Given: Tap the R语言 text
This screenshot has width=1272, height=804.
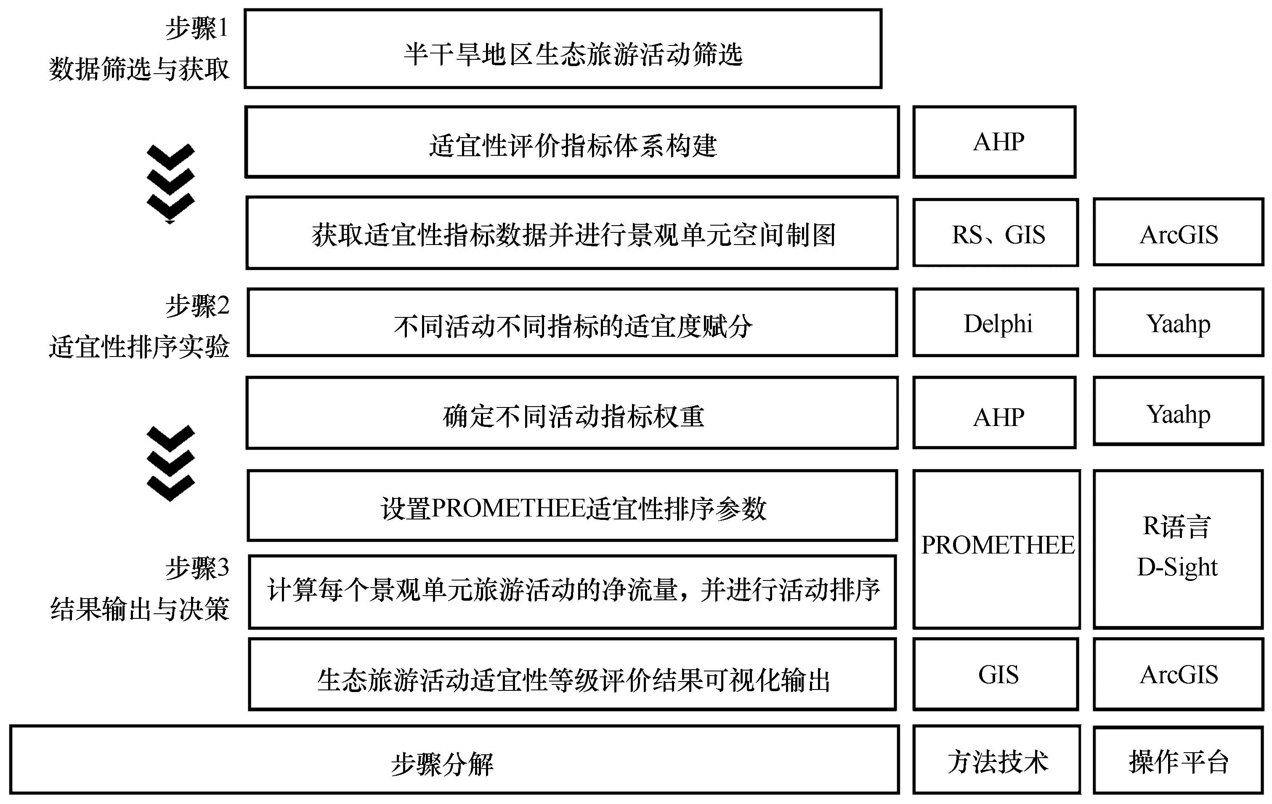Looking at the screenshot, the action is pyautogui.click(x=1176, y=527).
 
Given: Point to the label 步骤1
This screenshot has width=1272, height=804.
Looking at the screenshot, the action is pyautogui.click(x=197, y=28).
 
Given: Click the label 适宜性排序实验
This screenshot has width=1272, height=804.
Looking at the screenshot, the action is pyautogui.click(x=139, y=347).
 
